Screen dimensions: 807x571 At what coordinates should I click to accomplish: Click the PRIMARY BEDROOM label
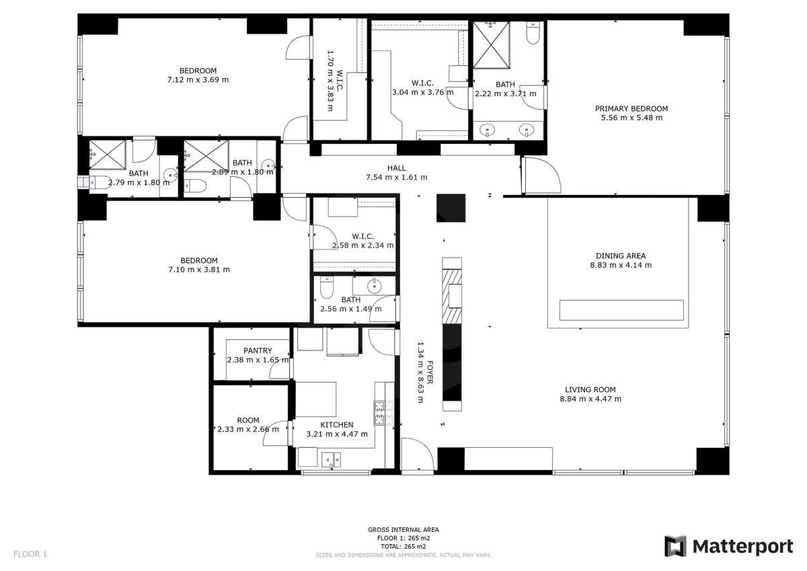tap(631, 108)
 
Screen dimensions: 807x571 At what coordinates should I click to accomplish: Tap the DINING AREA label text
tap(620, 256)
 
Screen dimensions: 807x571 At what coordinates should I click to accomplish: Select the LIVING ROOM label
tap(590, 389)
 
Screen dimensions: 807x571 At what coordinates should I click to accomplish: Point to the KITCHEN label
tap(337, 425)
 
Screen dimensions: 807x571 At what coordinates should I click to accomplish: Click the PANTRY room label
tap(258, 350)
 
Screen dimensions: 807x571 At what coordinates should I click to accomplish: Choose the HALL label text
tap(396, 168)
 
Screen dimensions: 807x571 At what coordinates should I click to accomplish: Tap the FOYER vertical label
tap(430, 372)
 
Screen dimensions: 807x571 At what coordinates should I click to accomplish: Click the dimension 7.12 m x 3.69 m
tap(198, 79)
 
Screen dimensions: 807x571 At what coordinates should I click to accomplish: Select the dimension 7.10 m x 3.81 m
tap(199, 270)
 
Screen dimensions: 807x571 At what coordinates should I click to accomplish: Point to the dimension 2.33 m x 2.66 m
tap(248, 429)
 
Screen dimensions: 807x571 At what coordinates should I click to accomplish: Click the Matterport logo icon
tap(676, 546)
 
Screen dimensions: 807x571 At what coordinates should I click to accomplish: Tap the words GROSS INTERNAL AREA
tap(403, 529)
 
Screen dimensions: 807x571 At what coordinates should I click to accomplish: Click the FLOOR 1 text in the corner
tap(30, 554)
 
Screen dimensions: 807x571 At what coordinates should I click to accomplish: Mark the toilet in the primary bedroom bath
tap(533, 32)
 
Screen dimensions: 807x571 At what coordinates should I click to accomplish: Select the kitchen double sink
tap(331, 459)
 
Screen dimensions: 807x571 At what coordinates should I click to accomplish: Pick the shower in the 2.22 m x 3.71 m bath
tap(491, 45)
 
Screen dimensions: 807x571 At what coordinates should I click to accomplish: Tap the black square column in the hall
tap(451, 208)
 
